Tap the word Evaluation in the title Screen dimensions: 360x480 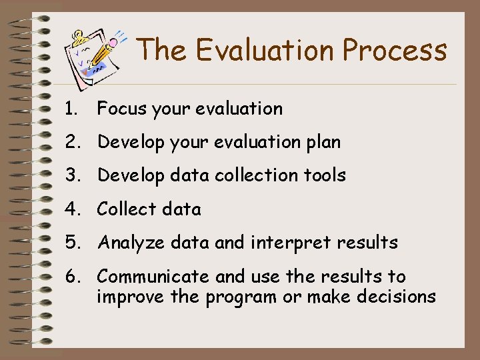pos(257,49)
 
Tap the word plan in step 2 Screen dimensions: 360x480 pos(323,142)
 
